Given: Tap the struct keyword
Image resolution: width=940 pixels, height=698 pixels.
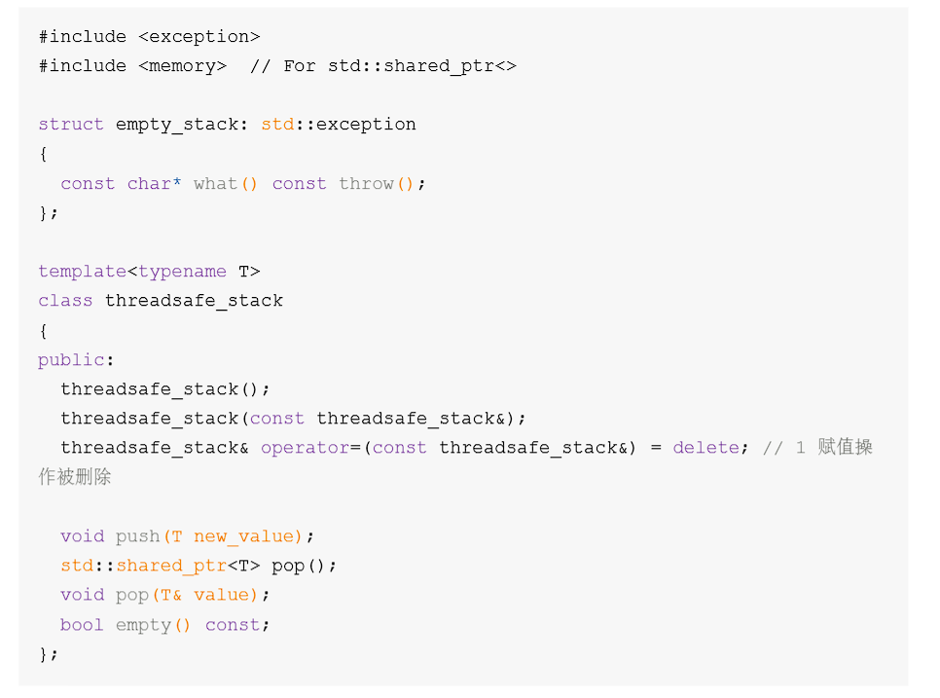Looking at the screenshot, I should point(71,125).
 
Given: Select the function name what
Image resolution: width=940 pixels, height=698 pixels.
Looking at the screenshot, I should point(215,184).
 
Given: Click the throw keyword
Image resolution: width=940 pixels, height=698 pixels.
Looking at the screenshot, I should point(366,184).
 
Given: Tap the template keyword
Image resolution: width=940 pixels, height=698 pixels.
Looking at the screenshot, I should point(83,272).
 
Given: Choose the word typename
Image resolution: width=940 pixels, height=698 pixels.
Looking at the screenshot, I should point(182,272).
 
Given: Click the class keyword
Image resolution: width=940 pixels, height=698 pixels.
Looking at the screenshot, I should point(65,301).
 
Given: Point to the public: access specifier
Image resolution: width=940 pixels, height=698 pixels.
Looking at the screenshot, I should point(76,360).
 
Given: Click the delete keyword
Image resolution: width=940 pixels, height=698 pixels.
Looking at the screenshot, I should point(705,448).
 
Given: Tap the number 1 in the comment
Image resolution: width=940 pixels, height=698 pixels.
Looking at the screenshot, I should point(800,448).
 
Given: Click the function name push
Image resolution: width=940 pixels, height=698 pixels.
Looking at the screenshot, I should point(137,536).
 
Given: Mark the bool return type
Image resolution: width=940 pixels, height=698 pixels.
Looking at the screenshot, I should point(82,625).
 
